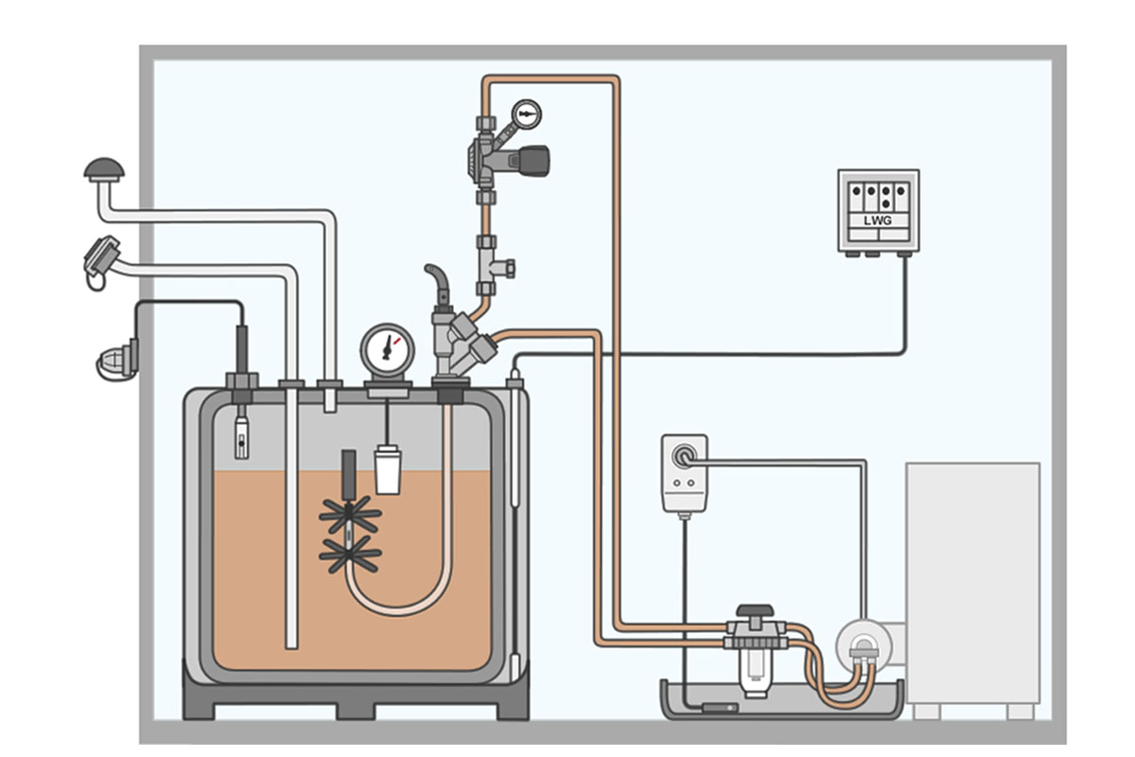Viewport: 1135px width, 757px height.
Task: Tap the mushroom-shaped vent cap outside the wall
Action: point(103,169)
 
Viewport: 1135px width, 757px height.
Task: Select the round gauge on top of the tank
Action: point(387,349)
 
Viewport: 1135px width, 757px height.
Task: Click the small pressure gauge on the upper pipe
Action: point(526,115)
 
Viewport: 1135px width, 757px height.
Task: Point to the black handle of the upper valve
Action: point(534,160)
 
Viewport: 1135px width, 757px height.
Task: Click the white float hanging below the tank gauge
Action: point(387,469)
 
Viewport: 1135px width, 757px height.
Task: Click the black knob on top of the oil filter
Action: point(755,612)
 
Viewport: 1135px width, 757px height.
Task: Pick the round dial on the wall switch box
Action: point(681,457)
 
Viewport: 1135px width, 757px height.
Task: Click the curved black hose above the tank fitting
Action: point(436,281)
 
